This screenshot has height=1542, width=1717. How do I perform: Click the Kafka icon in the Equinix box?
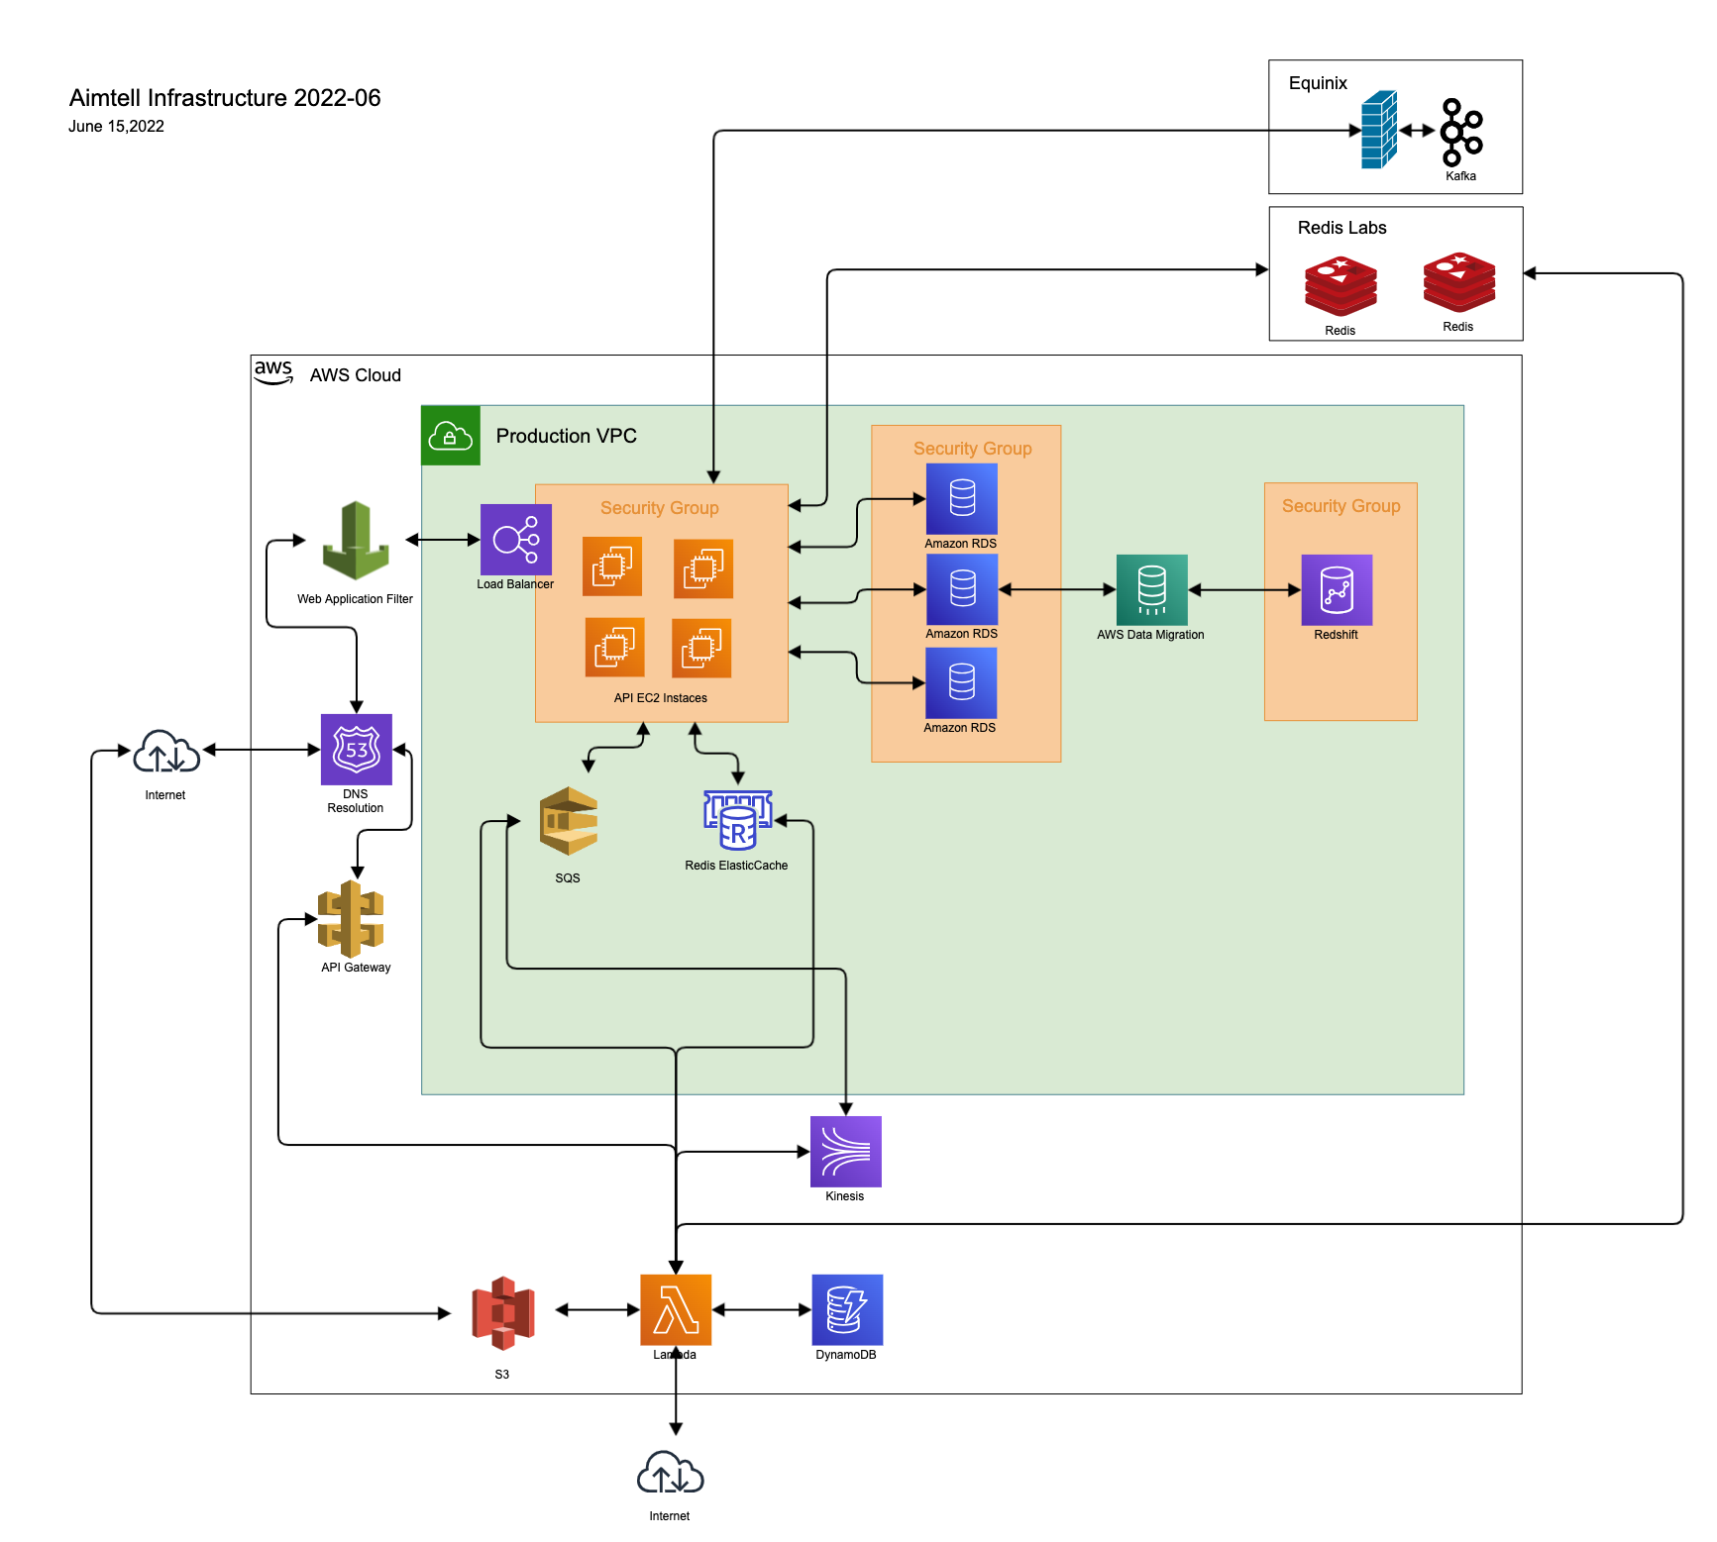pyautogui.click(x=1461, y=133)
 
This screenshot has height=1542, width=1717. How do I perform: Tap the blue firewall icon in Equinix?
pyautogui.click(x=1379, y=130)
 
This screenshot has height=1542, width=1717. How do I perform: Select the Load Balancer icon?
pyautogui.click(x=515, y=540)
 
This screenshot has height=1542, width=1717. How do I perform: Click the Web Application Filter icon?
pyautogui.click(x=356, y=541)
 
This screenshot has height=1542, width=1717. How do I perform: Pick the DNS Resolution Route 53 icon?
pyautogui.click(x=357, y=750)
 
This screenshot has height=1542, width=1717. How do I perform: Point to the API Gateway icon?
pyautogui.click(x=351, y=919)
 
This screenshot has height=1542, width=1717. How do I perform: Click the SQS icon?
pyautogui.click(x=569, y=821)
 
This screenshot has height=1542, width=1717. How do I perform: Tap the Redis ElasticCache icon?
pyautogui.click(x=737, y=820)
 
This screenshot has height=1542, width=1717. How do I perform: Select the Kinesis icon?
pyautogui.click(x=845, y=1152)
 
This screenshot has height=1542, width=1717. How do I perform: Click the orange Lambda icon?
pyautogui.click(x=676, y=1309)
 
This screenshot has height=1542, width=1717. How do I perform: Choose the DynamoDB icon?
pyautogui.click(x=847, y=1309)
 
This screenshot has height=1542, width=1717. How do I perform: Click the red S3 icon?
pyautogui.click(x=503, y=1313)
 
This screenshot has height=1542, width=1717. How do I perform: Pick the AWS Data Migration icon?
pyautogui.click(x=1151, y=590)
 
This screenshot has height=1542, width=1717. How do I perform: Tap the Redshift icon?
pyautogui.click(x=1337, y=590)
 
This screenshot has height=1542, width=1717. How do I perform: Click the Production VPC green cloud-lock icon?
pyautogui.click(x=451, y=436)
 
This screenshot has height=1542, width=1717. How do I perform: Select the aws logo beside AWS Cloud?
pyautogui.click(x=273, y=372)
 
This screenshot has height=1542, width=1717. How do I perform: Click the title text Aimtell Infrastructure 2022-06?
pyautogui.click(x=225, y=98)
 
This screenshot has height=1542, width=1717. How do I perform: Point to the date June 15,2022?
pyautogui.click(x=116, y=127)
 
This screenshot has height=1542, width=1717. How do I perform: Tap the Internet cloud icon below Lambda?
pyautogui.click(x=670, y=1473)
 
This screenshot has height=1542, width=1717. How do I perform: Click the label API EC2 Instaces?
pyautogui.click(x=660, y=698)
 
